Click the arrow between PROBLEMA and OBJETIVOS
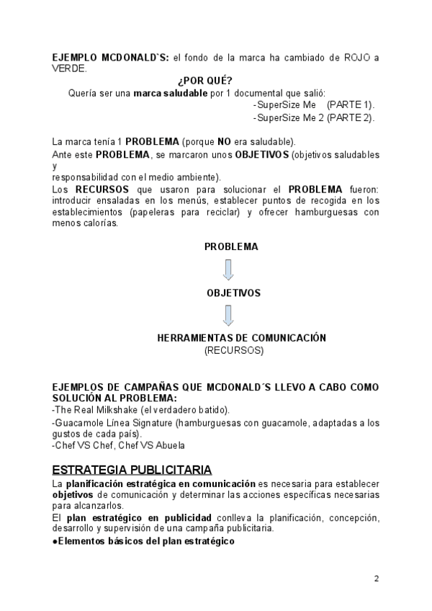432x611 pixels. coord(228,269)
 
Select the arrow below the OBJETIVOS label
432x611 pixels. coord(228,316)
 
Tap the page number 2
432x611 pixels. coord(376,579)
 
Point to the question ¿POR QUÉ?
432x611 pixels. coord(204,80)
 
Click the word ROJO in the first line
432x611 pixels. coord(356,57)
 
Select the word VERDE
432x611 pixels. coord(69,68)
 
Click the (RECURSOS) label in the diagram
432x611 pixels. coord(234,350)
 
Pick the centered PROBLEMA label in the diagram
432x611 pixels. coord(231,246)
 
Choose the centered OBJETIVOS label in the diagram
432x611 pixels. coord(233,293)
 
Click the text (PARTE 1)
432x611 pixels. coord(351,104)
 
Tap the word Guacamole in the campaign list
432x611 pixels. coord(78,422)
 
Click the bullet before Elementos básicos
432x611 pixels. coord(55,540)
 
